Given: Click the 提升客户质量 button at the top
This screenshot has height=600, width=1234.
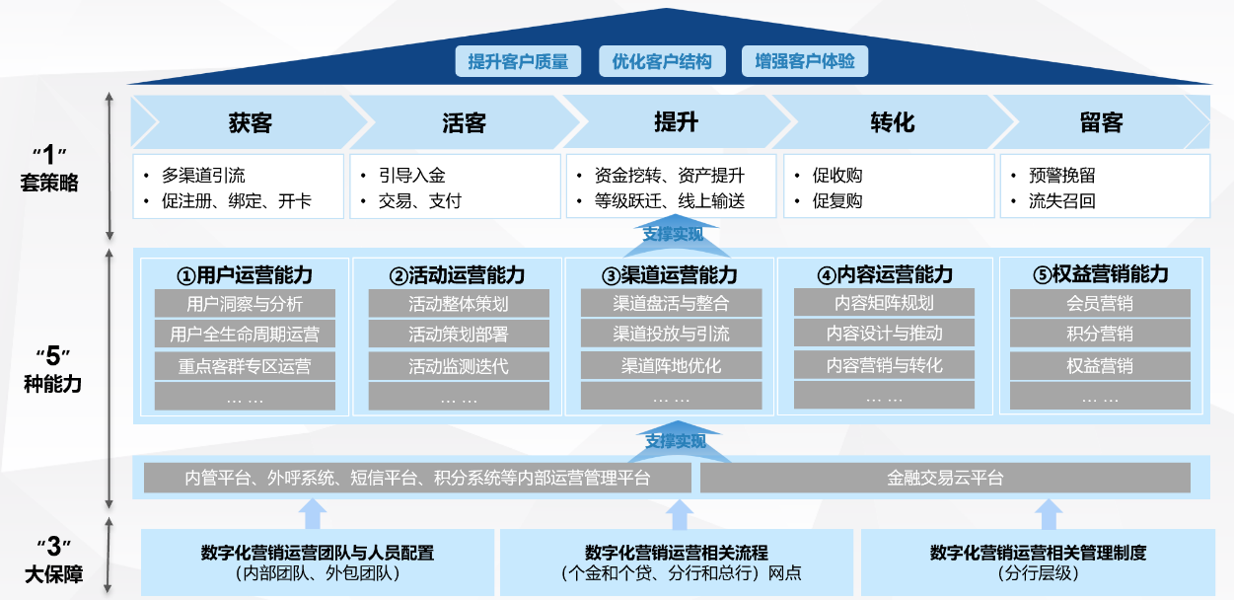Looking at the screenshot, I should point(518,61).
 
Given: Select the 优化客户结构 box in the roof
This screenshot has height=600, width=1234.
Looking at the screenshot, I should point(662,61).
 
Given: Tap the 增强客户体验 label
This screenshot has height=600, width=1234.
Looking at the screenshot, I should point(805,61).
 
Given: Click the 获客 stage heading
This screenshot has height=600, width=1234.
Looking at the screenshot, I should point(250,122).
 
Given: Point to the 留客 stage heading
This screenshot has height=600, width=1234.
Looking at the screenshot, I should point(1101,122).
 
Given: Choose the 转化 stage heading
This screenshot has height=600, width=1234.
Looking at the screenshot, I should point(892,122).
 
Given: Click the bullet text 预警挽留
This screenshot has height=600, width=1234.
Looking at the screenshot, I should point(1061,176).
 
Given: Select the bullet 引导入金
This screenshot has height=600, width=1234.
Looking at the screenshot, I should point(412,176).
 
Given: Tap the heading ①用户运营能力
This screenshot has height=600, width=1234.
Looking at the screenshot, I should point(245,274).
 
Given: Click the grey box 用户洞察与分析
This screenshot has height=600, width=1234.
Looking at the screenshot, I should point(245,304).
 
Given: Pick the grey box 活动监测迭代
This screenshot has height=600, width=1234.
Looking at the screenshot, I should point(459,366).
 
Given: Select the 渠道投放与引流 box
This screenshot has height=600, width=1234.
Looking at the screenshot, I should point(671,334).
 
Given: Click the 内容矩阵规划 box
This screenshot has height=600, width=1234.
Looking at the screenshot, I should point(884,303).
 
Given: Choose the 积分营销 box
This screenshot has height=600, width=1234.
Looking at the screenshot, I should point(1100,334).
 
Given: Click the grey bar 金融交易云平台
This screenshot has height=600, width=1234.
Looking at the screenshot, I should point(945,479).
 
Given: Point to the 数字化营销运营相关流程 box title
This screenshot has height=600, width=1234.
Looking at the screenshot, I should point(677,553).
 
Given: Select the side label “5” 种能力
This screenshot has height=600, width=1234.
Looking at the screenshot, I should point(51,369).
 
